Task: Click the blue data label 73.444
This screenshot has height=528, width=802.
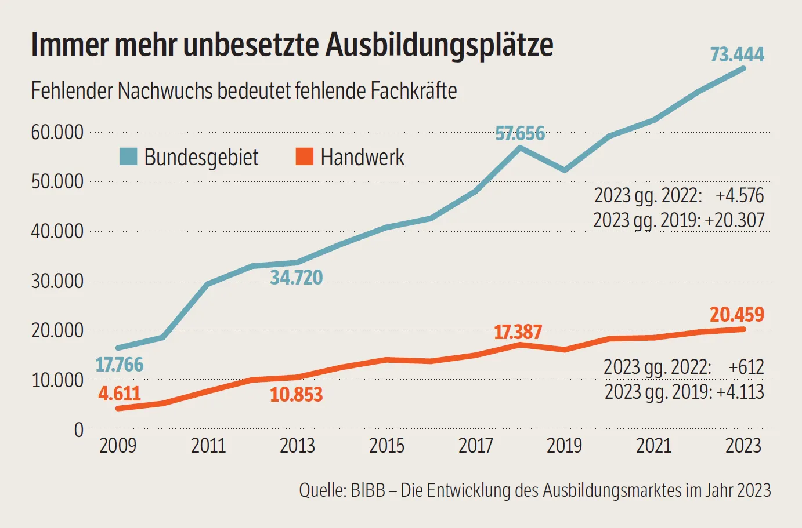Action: pyautogui.click(x=737, y=54)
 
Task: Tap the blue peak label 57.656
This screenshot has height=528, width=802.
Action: pyautogui.click(x=520, y=134)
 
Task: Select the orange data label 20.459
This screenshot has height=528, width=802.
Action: pyautogui.click(x=737, y=315)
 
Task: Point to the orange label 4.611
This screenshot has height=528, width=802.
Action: pyautogui.click(x=120, y=394)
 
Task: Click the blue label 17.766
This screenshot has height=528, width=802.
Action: pyautogui.click(x=120, y=365)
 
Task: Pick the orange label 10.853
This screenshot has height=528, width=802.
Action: pyautogui.click(x=296, y=395)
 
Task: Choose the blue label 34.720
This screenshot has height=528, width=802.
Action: pyautogui.click(x=296, y=278)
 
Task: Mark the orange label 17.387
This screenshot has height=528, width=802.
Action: pyautogui.click(x=518, y=333)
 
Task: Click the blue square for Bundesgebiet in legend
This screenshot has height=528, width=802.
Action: pyautogui.click(x=128, y=156)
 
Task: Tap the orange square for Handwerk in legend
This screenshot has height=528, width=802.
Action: pyautogui.click(x=304, y=156)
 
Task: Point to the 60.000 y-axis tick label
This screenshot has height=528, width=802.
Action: pyautogui.click(x=57, y=132)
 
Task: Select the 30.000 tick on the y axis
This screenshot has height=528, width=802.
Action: pyautogui.click(x=57, y=281)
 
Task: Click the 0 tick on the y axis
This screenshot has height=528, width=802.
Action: pyautogui.click(x=79, y=430)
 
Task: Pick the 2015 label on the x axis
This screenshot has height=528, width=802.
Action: pyautogui.click(x=386, y=446)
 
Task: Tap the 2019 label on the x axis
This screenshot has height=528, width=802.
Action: pyautogui.click(x=564, y=446)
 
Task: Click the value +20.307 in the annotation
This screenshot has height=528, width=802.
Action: pyautogui.click(x=735, y=220)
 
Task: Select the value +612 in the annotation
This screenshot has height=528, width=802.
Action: pyautogui.click(x=746, y=367)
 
